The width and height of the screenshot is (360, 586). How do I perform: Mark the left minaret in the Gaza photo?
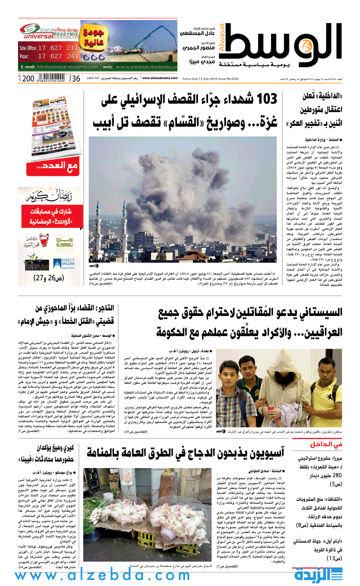pos(98,230)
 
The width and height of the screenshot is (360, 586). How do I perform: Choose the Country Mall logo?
pos(36,262)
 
